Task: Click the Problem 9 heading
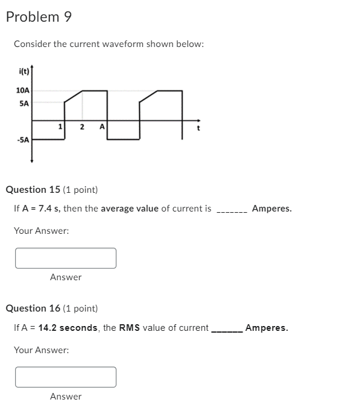click(x=39, y=17)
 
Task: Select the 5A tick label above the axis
click(x=24, y=103)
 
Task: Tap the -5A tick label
click(x=22, y=140)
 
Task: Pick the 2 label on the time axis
click(x=82, y=127)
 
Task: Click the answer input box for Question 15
click(x=66, y=258)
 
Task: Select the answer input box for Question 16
click(x=66, y=377)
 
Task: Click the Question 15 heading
click(x=51, y=190)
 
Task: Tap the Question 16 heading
click(x=51, y=309)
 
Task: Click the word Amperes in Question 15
click(x=271, y=209)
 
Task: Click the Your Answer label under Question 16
click(x=41, y=350)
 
